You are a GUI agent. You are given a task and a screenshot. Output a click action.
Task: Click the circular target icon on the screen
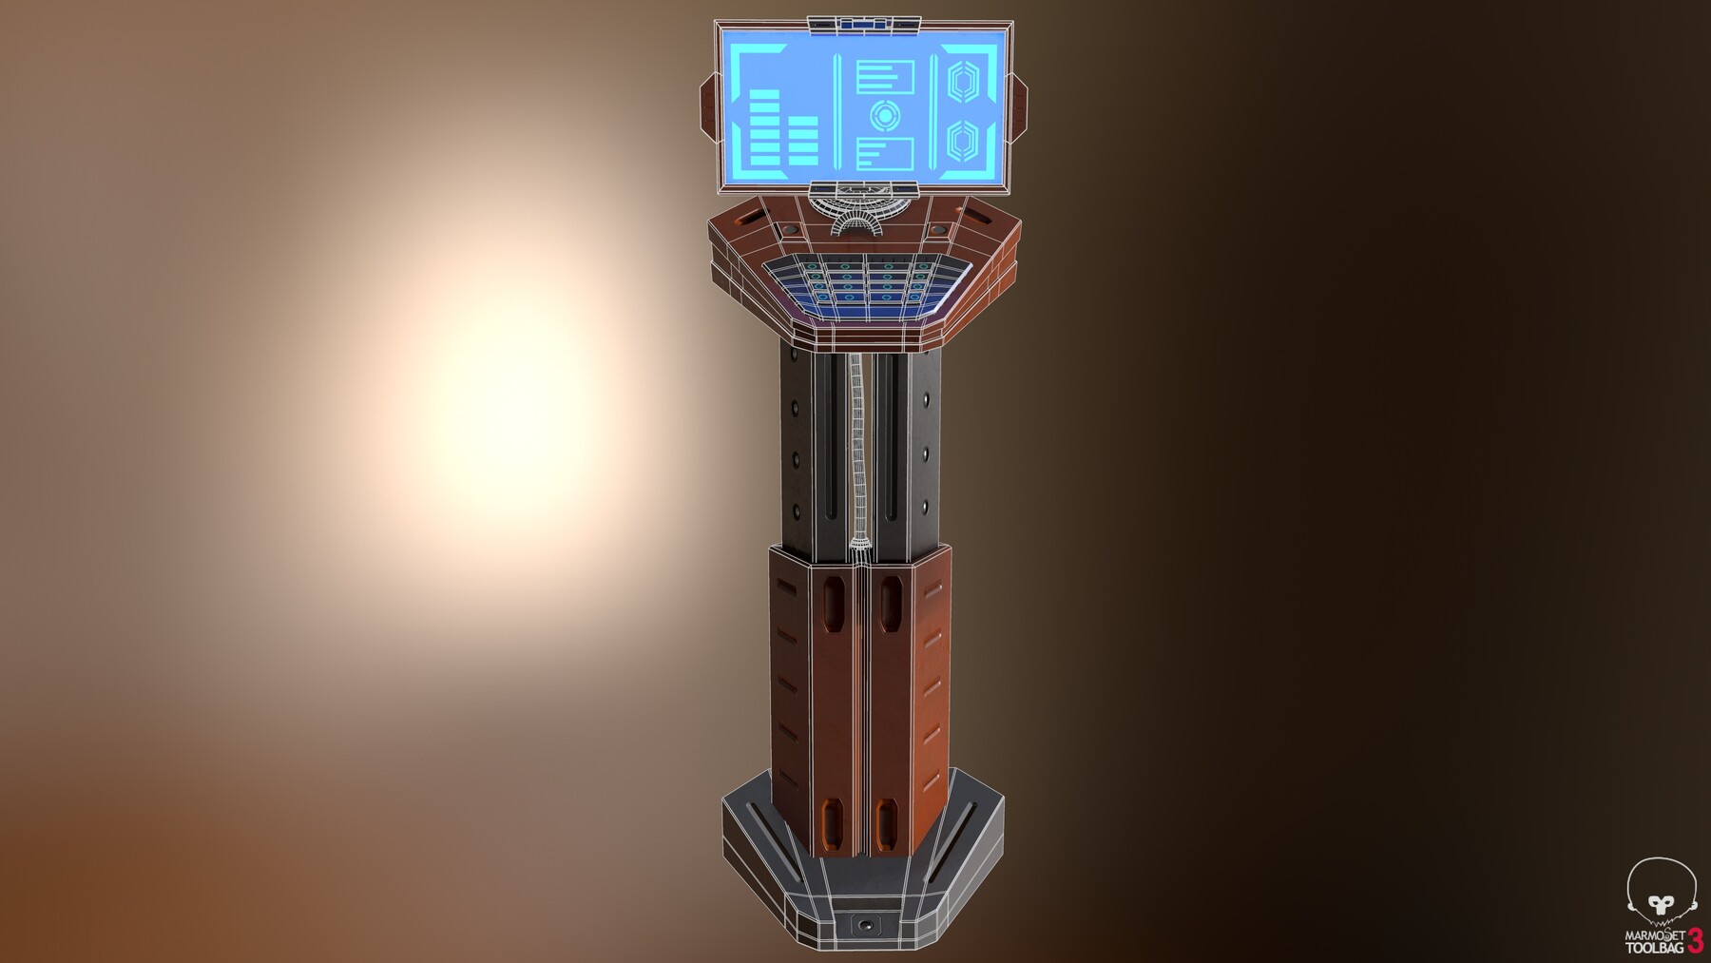point(885,116)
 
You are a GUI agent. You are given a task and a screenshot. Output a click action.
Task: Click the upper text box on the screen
point(885,77)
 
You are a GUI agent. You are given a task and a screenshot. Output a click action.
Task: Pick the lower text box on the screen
point(885,153)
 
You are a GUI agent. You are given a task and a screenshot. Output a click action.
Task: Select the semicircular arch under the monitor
point(865,221)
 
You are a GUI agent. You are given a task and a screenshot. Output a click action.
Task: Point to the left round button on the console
point(790,230)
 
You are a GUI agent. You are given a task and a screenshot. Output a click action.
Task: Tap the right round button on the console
point(938,230)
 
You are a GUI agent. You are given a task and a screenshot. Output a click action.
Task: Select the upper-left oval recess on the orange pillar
point(832,604)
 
